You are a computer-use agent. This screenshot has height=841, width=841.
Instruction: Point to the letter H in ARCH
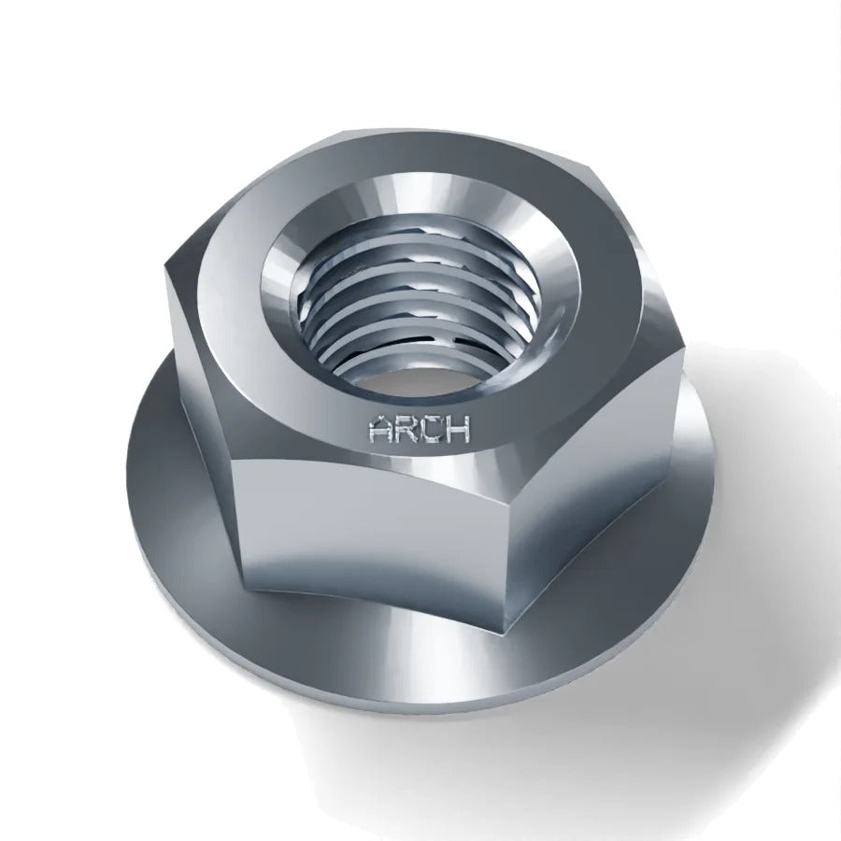pyautogui.click(x=458, y=430)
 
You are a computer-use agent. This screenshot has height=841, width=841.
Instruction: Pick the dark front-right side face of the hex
pyautogui.click(x=590, y=483)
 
